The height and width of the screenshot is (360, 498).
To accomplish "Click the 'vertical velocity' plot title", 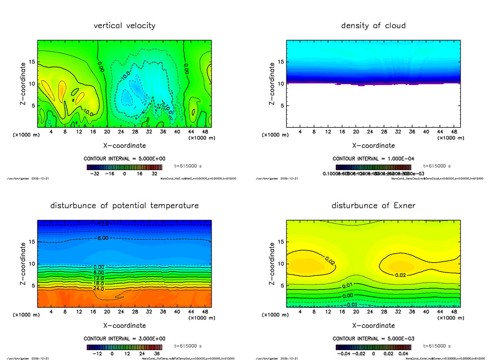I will [124, 26].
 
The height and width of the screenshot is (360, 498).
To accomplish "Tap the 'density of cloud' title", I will [373, 26].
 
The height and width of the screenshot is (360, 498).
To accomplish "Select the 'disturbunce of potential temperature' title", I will [124, 206].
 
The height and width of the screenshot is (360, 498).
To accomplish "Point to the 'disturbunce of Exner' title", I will [373, 206].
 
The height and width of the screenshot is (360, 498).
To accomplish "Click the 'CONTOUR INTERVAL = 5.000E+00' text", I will [125, 158].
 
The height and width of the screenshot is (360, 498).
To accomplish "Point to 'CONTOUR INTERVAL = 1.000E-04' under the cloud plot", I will [373, 158].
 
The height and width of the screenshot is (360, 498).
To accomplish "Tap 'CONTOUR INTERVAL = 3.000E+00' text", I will [125, 338].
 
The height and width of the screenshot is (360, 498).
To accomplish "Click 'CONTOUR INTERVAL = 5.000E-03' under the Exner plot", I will [373, 338].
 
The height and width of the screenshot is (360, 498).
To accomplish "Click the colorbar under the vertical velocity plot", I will [125, 167].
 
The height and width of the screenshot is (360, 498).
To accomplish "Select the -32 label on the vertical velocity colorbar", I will [96, 174].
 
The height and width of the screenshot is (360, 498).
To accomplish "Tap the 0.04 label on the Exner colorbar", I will [404, 354].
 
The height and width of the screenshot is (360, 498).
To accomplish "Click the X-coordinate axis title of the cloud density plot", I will [373, 146].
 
